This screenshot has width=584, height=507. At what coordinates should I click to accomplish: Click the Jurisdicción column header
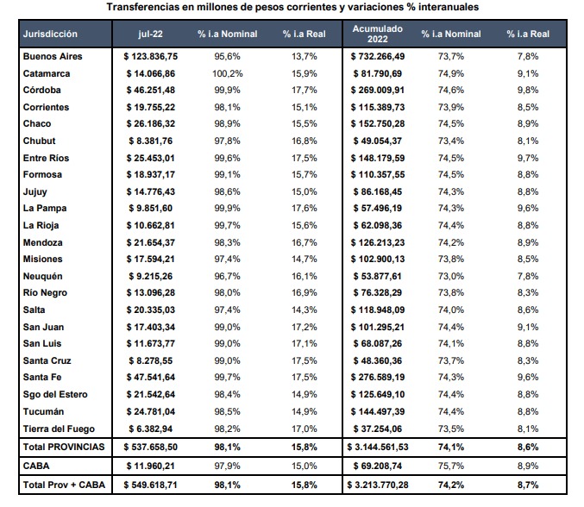[50, 34]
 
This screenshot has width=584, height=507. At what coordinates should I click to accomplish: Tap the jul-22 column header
[150, 34]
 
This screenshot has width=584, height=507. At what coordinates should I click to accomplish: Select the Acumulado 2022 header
[378, 34]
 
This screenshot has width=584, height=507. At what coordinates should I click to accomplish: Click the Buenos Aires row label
[53, 56]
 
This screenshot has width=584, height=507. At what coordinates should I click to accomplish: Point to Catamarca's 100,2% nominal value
[227, 73]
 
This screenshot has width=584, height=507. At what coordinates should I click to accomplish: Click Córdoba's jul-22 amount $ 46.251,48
[150, 90]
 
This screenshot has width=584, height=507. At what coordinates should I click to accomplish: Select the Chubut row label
[39, 141]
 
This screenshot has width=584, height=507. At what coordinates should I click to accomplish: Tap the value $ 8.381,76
[150, 141]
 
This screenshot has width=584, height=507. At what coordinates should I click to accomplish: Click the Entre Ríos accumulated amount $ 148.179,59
[378, 158]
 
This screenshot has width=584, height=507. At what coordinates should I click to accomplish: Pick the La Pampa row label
[45, 208]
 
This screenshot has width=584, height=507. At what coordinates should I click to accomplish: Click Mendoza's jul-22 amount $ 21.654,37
[150, 242]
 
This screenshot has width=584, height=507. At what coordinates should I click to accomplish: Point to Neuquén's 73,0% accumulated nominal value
[451, 276]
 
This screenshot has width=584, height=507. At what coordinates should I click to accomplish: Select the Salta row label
[34, 310]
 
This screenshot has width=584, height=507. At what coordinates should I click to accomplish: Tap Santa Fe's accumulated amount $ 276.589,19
[378, 377]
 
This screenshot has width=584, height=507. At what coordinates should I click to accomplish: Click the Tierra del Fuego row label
[59, 429]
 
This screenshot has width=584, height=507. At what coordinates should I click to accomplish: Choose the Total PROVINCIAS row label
[64, 447]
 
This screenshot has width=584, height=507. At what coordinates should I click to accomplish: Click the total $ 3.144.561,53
[378, 447]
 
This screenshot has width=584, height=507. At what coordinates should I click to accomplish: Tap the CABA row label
[36, 466]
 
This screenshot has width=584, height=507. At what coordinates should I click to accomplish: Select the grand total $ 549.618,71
[150, 485]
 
